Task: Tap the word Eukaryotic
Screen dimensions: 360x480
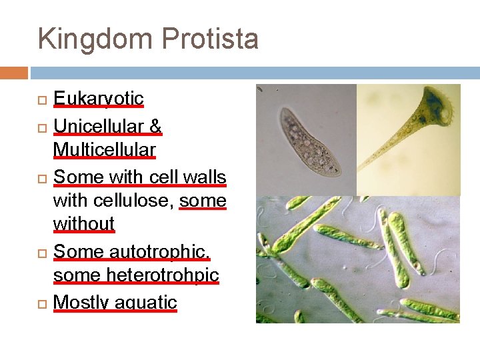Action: click(x=98, y=99)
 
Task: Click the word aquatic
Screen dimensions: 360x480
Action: click(x=146, y=302)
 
